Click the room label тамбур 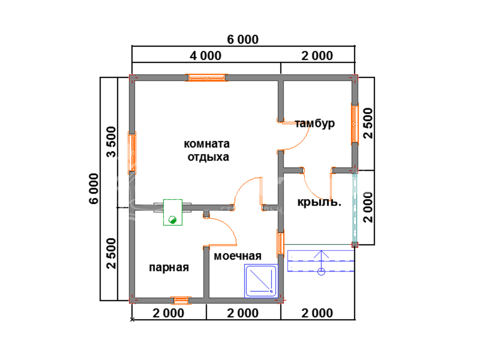315,124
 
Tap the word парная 169,267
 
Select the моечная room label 237,256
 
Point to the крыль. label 319,202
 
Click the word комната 207,144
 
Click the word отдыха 208,157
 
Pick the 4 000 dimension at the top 205,56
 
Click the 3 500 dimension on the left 111,142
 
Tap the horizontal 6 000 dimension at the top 243,40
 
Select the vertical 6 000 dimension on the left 94,189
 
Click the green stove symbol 173,212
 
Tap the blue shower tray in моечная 261,281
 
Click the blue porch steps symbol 321,261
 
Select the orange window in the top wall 207,78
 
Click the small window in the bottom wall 181,300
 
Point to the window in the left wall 132,153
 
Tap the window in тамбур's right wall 355,124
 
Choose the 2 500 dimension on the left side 111,253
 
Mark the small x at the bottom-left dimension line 132,319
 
